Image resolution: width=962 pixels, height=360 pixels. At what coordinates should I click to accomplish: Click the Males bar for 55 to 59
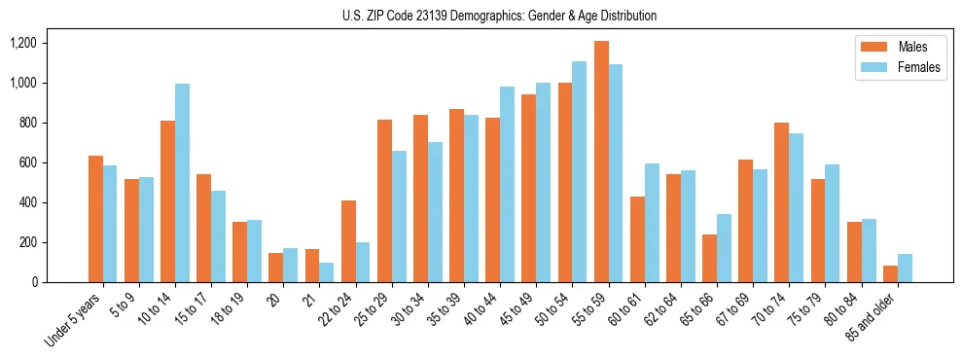point(602,162)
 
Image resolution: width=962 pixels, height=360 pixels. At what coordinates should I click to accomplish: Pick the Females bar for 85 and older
point(905,268)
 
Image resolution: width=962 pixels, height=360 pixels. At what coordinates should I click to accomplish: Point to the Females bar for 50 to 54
point(580,171)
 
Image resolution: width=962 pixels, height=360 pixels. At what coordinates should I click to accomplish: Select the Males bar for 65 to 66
point(710,258)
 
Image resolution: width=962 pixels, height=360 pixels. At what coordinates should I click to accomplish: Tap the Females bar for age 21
point(327,272)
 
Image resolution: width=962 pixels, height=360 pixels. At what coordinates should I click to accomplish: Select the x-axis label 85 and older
point(871,318)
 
